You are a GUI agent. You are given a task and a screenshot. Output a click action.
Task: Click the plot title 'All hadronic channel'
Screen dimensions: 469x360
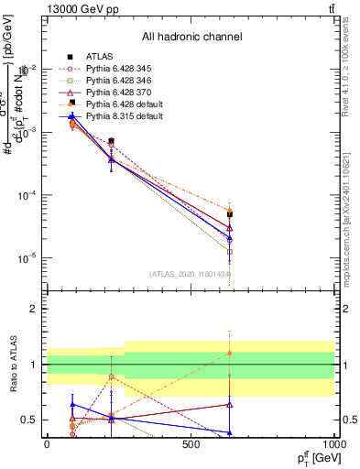[x=198, y=37]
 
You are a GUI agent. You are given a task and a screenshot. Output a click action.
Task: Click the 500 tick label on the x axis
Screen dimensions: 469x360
[x=191, y=443]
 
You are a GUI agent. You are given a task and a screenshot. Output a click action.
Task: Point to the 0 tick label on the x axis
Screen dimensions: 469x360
[x=46, y=443]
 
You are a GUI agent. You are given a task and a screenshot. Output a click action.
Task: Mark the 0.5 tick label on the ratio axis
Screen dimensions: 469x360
[x=27, y=420]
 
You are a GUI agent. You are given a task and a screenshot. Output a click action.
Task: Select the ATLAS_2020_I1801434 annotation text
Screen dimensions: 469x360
[x=190, y=274]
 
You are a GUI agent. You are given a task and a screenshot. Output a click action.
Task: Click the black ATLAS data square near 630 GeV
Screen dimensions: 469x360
[x=230, y=214]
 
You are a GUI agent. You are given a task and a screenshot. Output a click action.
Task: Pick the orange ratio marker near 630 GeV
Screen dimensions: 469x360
[x=230, y=353]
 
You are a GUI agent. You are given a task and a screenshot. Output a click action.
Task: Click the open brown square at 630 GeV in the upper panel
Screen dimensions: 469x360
[x=230, y=251]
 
